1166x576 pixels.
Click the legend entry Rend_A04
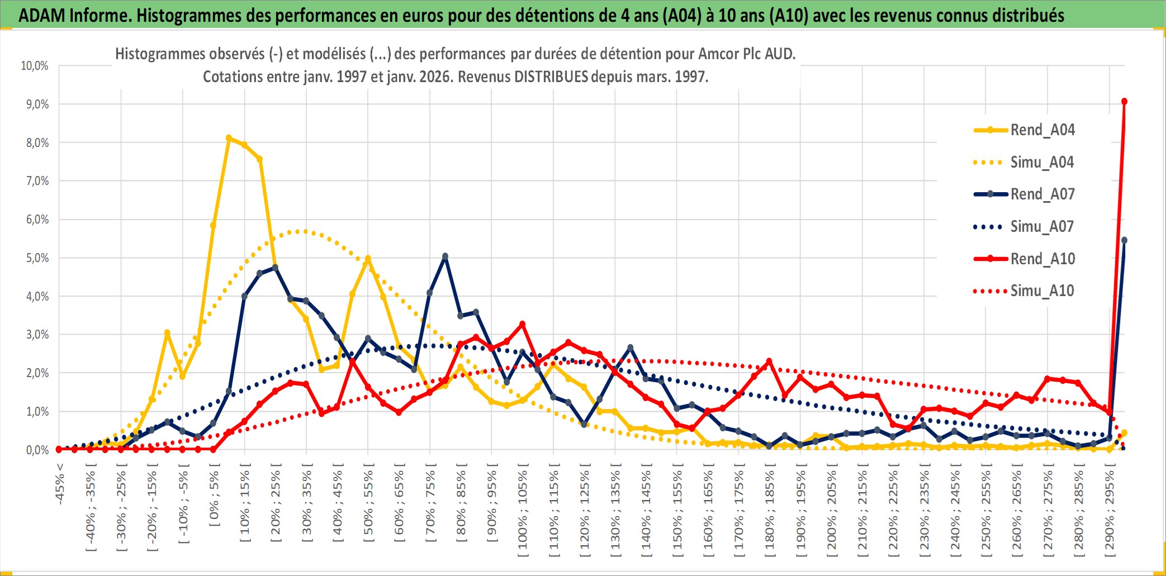coord(1042,130)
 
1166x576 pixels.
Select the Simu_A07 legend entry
coord(1042,227)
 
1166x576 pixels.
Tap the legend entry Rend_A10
coord(1042,259)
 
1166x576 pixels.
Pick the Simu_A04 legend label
coord(1042,163)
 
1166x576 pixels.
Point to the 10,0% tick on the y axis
coord(35,66)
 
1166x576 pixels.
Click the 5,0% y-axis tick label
coord(37,258)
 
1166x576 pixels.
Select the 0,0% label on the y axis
coord(37,450)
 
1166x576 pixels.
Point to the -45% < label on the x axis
coord(60,484)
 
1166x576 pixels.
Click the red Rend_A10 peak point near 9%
coord(1124,102)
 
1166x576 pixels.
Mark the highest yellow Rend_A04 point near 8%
coord(229,138)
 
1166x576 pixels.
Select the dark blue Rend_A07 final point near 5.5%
coord(1124,241)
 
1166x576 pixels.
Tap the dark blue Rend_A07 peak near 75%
coord(445,256)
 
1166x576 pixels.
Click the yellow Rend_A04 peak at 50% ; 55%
coord(368,259)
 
